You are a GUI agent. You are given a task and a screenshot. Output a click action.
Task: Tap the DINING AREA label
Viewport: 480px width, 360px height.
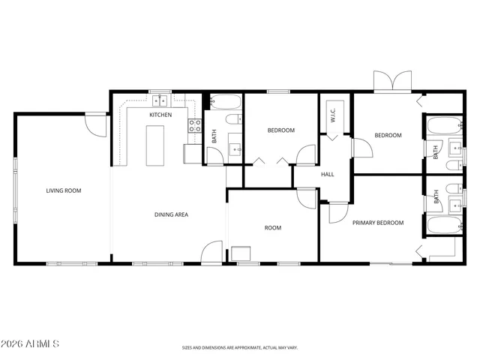tap(171, 214)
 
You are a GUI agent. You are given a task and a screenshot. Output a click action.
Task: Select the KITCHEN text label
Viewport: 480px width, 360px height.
tap(160, 115)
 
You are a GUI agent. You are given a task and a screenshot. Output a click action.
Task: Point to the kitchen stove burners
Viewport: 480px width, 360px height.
tap(193, 125)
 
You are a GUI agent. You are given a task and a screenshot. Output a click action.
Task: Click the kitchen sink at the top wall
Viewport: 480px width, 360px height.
tap(160, 100)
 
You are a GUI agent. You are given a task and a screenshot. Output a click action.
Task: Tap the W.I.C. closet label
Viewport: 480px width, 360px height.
tap(332, 115)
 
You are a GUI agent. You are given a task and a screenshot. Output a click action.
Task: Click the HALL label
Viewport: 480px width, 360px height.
tap(328, 175)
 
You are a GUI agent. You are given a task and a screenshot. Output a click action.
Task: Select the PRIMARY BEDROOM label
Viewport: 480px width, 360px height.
tap(378, 223)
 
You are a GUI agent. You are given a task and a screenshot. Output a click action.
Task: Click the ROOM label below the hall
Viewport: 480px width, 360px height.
tap(273, 227)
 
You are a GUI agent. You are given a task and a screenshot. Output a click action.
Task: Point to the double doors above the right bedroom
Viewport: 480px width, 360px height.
tap(393, 81)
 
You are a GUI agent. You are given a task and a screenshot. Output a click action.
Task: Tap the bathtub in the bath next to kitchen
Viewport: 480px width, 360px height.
tap(223, 103)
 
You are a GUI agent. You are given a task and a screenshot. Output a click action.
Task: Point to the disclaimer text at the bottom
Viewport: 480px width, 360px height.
tap(240, 348)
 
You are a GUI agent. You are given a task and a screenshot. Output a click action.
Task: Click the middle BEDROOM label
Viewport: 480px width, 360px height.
tap(281, 130)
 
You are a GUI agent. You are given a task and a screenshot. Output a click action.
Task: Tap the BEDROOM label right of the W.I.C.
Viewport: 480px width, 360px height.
tap(388, 136)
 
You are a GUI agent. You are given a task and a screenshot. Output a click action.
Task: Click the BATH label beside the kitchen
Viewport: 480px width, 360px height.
tap(214, 136)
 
